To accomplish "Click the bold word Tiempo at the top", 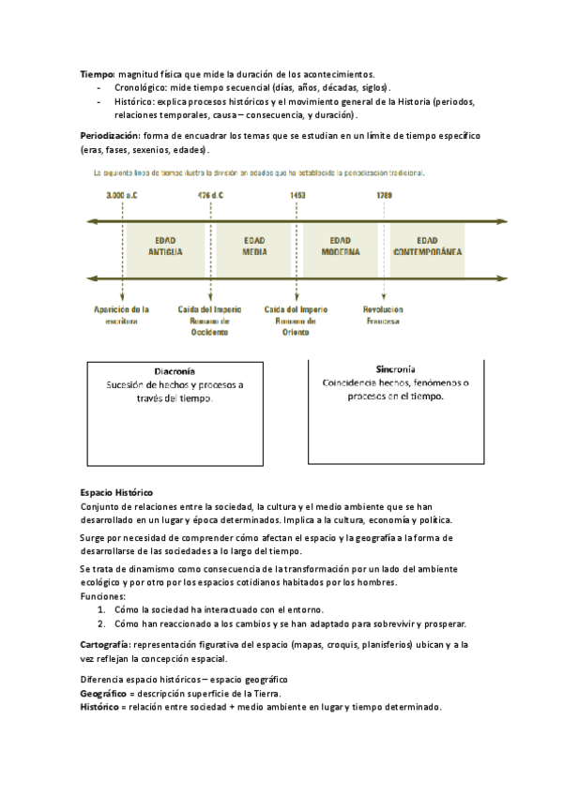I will (x=97, y=73).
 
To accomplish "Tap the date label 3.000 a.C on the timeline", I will (x=122, y=196).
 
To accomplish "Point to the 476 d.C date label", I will (x=210, y=196).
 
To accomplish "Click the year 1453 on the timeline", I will (x=297, y=196).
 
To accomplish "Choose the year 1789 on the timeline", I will (x=384, y=196).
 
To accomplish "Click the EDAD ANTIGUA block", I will (x=165, y=247).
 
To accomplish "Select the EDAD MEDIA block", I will (x=254, y=247).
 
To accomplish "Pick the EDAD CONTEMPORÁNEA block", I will (x=427, y=247).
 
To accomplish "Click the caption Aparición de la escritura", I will (x=122, y=315).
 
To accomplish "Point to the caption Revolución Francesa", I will (x=383, y=315).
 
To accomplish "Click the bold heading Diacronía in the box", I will (x=174, y=371).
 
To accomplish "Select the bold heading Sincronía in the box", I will (x=395, y=369).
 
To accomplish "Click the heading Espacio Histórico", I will (x=116, y=492).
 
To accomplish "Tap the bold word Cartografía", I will (x=105, y=644).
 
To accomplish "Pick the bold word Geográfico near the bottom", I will (x=106, y=693).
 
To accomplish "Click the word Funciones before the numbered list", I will (x=102, y=595).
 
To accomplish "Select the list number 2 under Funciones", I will (x=101, y=623).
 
